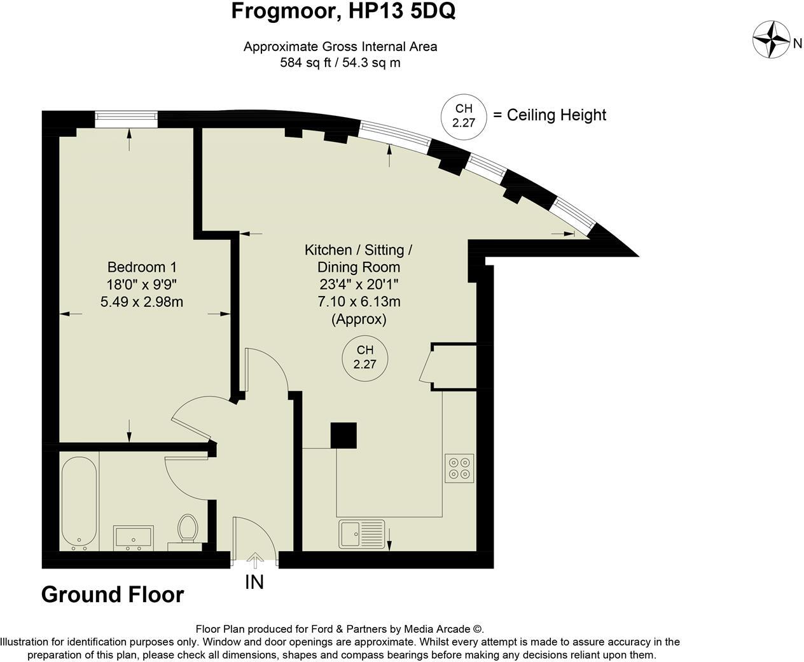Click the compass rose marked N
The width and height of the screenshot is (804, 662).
(771, 39)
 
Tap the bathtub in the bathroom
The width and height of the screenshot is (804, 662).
(80, 503)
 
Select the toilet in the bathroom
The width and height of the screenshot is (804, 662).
(187, 528)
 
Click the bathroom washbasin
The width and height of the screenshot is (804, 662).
(134, 537)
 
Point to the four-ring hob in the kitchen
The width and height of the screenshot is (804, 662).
(459, 468)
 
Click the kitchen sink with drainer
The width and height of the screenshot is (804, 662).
(361, 533)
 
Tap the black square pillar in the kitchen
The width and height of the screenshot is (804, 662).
(343, 436)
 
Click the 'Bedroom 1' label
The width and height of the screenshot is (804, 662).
(142, 267)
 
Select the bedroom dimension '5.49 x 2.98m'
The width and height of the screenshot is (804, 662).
(142, 302)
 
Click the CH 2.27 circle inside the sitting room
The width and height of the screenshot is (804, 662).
(365, 358)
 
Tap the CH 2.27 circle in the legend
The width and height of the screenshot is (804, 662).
(464, 116)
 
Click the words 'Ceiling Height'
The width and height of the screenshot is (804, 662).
(557, 115)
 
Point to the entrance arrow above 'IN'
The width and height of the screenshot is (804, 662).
(254, 560)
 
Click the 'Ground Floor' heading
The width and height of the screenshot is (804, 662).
(113, 595)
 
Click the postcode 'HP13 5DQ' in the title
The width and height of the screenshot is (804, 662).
(403, 11)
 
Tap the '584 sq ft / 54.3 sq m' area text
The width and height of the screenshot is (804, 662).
(340, 63)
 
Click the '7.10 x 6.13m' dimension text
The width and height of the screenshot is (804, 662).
(359, 302)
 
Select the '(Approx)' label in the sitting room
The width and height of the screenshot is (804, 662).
(359, 320)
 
